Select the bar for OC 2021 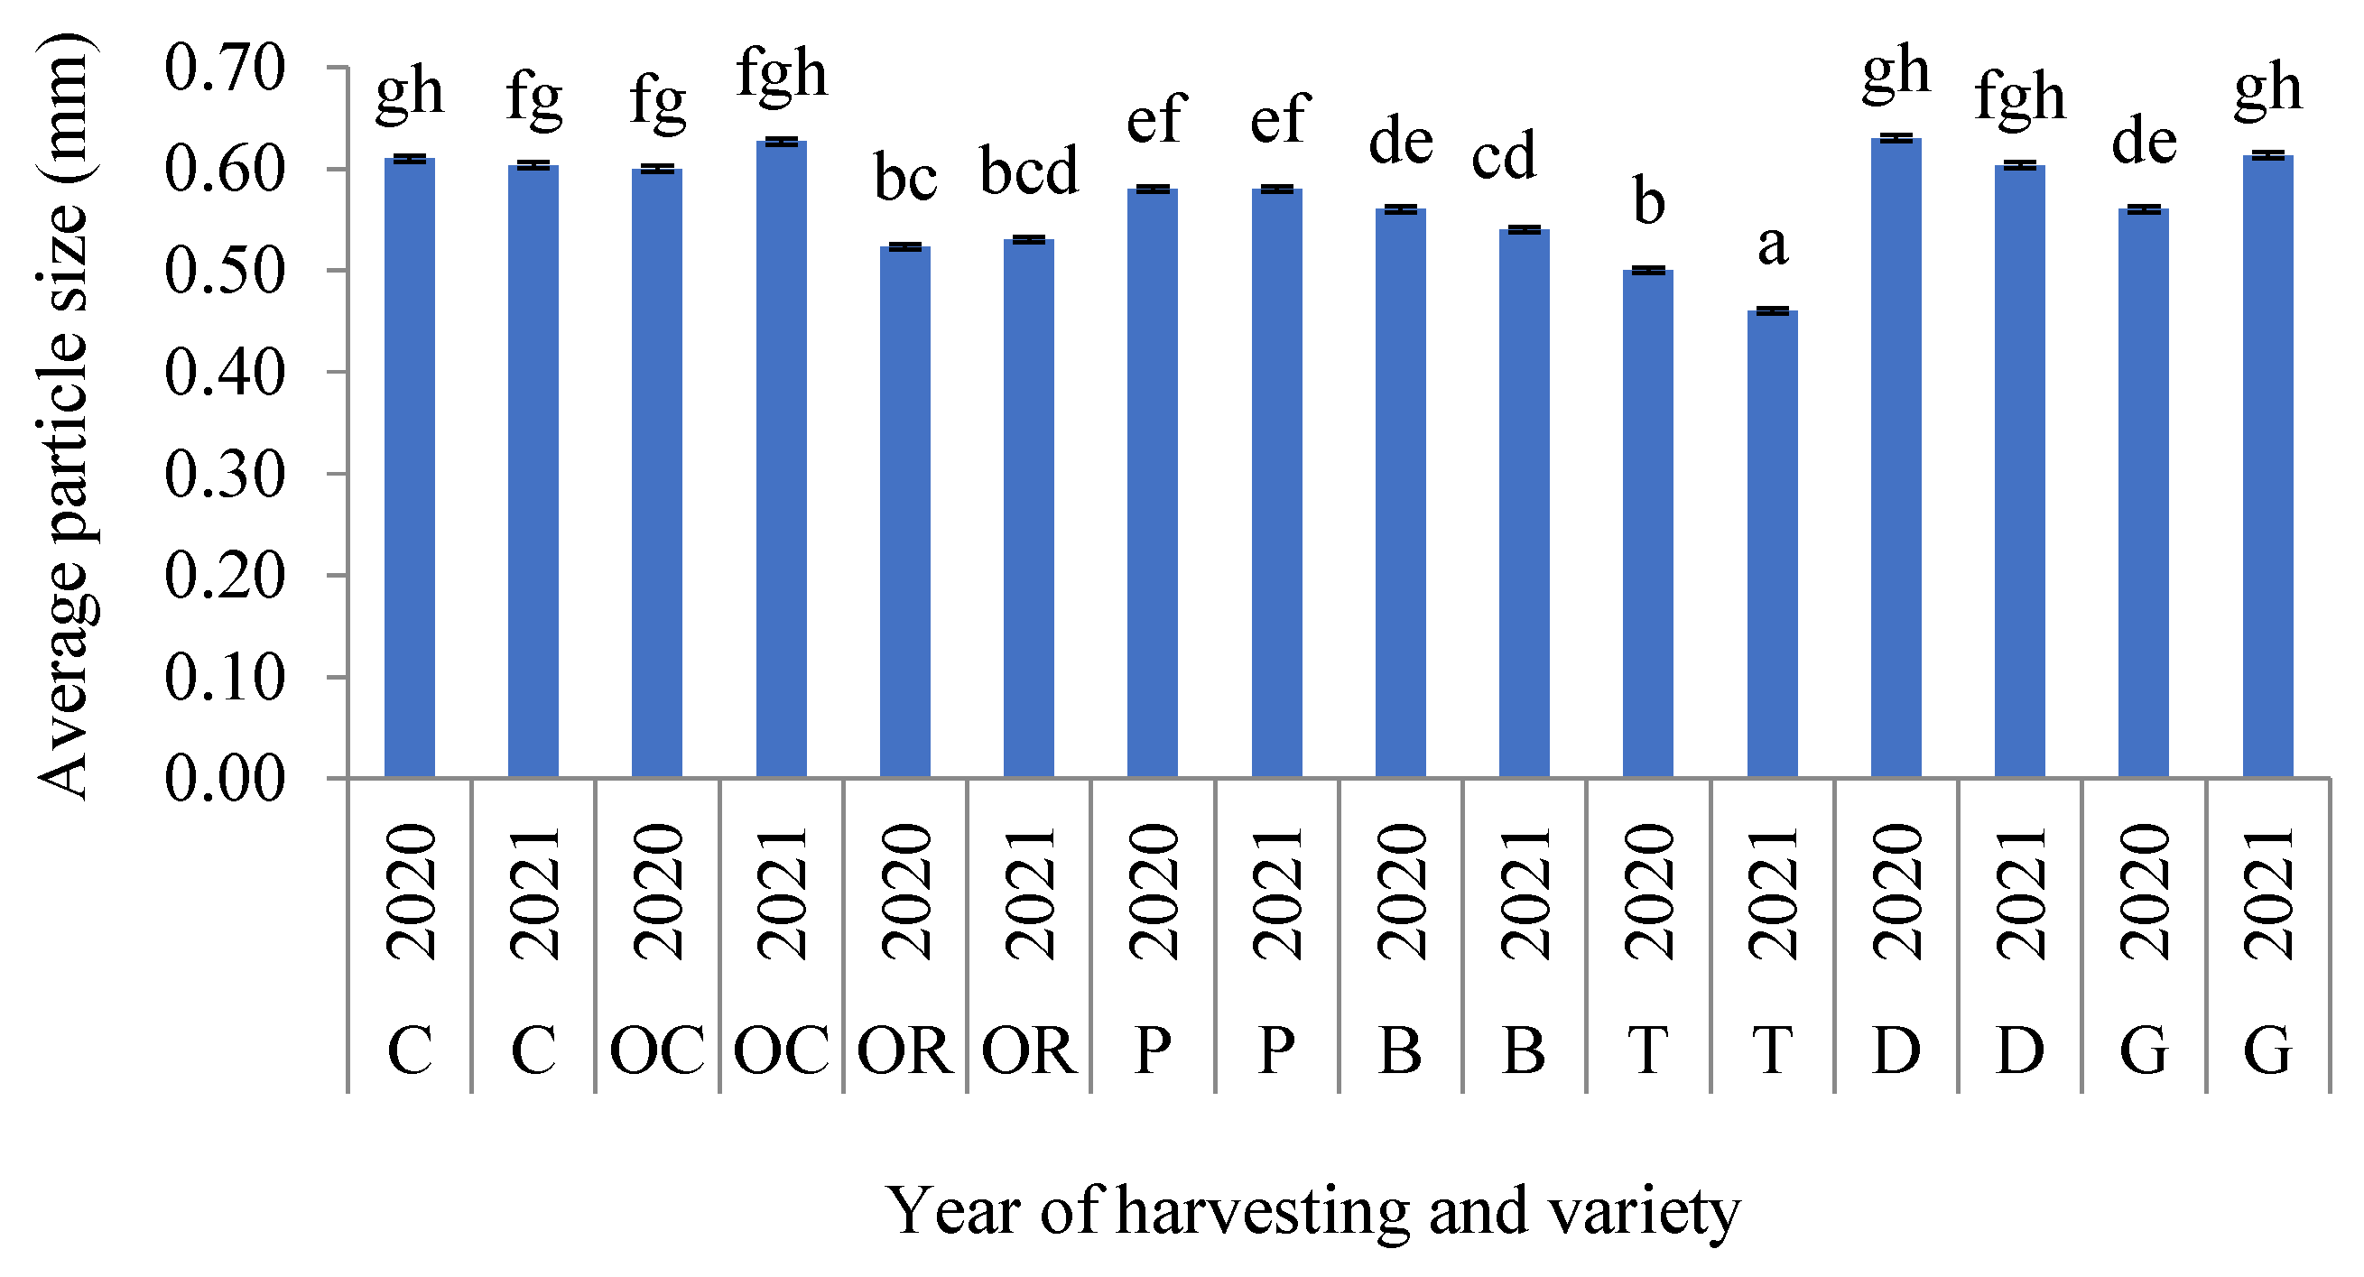[781, 458]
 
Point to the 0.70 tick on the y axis [226, 68]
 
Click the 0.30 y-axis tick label [226, 475]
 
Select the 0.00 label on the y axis [226, 779]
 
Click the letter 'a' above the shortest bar [1772, 245]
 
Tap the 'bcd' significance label [1029, 171]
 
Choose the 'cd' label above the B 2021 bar [1503, 156]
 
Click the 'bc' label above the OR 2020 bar [904, 178]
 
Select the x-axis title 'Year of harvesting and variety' [1312, 1211]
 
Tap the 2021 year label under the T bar [1772, 893]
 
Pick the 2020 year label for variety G [2144, 893]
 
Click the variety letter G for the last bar [2267, 1050]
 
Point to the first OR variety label [904, 1050]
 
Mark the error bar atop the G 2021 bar [2267, 155]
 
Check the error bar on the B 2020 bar [1400, 209]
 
